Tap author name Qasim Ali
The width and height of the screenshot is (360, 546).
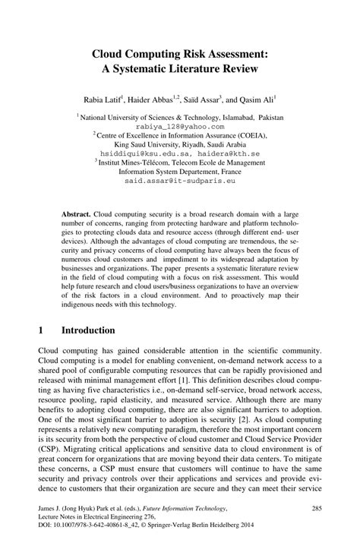pos(257,99)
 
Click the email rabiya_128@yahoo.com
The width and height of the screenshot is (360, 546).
pos(180,127)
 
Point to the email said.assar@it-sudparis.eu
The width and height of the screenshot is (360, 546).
pos(180,181)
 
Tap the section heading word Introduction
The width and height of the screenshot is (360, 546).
pos(88,331)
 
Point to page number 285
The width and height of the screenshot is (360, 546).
pos(317,505)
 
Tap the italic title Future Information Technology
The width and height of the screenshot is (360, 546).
pos(188,505)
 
